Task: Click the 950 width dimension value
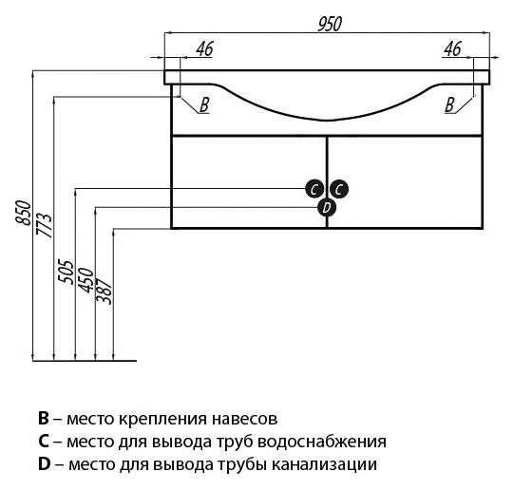coord(330,24)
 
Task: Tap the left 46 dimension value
coord(205,48)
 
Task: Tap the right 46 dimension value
coord(452,48)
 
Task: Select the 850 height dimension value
coord(23,213)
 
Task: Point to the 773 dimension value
coord(45,225)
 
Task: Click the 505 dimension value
coord(66,272)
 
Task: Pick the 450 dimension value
coord(86,280)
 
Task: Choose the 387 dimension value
coord(105,291)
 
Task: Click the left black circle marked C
coord(314,189)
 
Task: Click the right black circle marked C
coord(339,189)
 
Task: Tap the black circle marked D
coord(327,208)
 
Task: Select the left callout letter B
coord(204,105)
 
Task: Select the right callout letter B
coord(449,105)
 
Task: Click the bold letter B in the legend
coord(44,418)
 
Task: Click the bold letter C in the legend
coord(44,442)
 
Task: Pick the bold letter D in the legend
coord(44,464)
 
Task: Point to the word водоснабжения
coord(321,442)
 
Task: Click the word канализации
coord(325,465)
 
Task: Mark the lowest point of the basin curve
coord(327,120)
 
